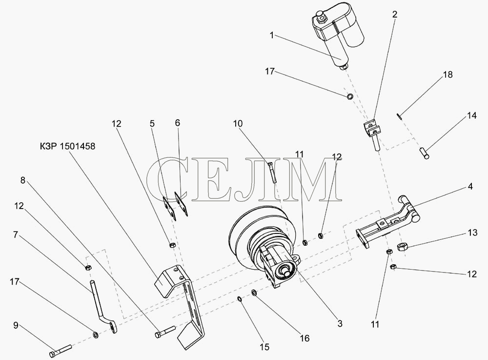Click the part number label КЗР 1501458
pyautogui.click(x=67, y=146)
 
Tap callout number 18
pyautogui.click(x=447, y=75)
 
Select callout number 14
pyautogui.click(x=471, y=116)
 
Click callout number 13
pyautogui.click(x=472, y=233)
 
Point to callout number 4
pyautogui.click(x=470, y=187)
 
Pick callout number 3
pyautogui.click(x=340, y=323)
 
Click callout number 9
pyautogui.click(x=16, y=326)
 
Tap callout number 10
pyautogui.click(x=238, y=124)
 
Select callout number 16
pyautogui.click(x=305, y=338)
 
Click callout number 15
pyautogui.click(x=264, y=347)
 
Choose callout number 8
pyautogui.click(x=22, y=180)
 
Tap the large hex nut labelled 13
pyautogui.click(x=402, y=247)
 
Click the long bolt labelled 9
pyautogui.click(x=61, y=350)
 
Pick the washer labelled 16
pyautogui.click(x=254, y=293)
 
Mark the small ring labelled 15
pyautogui.click(x=240, y=299)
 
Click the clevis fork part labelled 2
pyautogui.click(x=372, y=133)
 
